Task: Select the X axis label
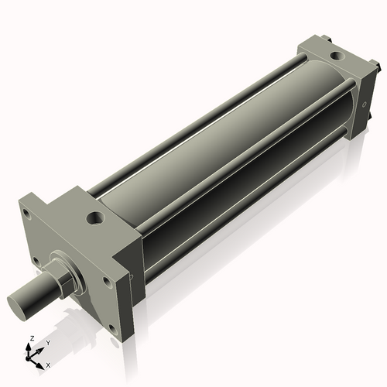(x=48, y=364)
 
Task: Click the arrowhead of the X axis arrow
(x=43, y=361)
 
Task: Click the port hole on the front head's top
(x=96, y=219)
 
